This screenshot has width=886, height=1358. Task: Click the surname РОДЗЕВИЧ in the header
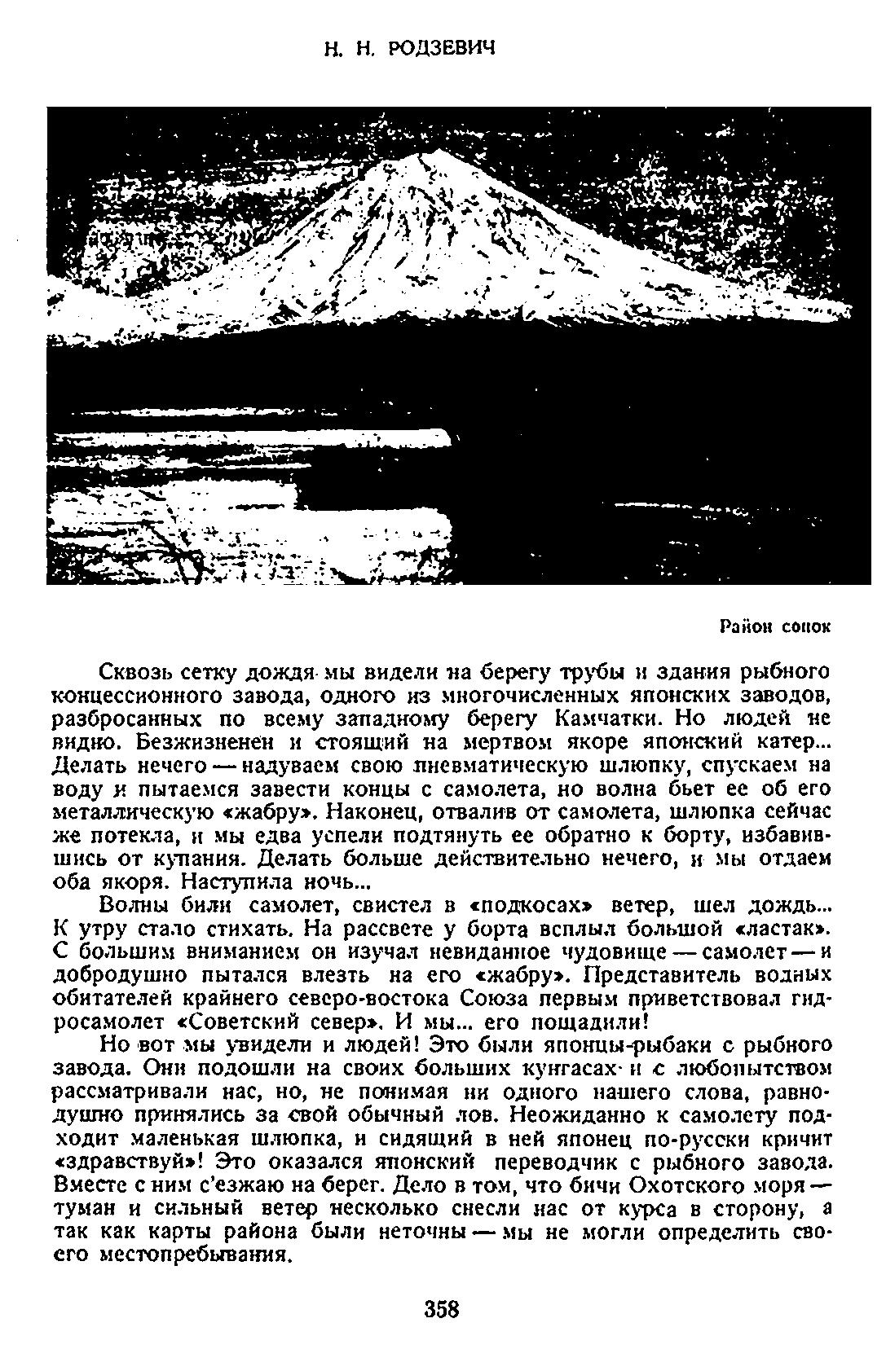441,49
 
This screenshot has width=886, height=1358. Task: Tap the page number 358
443,1309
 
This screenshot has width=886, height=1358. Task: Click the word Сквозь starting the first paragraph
134,672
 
